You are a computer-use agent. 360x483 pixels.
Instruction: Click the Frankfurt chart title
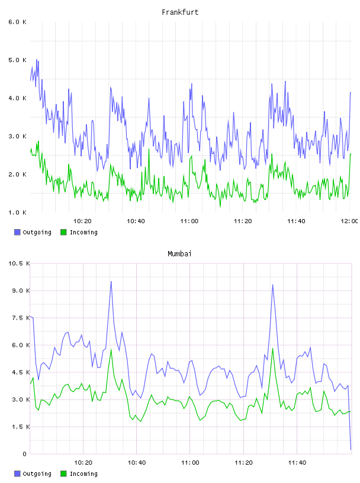coord(180,12)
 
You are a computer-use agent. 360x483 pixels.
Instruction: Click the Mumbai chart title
coord(179,253)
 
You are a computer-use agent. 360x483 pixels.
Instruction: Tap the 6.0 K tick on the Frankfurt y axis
coord(17,22)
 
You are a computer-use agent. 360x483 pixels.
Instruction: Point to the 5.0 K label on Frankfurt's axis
coord(17,60)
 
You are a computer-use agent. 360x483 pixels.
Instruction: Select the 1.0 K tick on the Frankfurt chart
coord(17,212)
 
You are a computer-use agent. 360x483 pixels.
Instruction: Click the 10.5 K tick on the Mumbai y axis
coord(19,263)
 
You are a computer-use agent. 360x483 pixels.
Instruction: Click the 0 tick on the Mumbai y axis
coord(24,454)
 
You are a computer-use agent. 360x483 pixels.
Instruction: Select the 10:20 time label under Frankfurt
coord(82,221)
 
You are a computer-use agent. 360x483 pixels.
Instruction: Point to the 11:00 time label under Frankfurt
coord(189,221)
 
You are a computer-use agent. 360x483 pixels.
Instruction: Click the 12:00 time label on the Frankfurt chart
coord(349,221)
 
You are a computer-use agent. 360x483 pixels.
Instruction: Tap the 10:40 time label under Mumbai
coord(137,463)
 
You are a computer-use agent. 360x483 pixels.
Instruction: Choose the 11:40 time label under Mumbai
coord(297,463)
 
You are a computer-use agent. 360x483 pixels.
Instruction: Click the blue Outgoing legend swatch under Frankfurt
coord(17,232)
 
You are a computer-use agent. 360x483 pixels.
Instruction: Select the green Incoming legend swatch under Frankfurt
coord(63,232)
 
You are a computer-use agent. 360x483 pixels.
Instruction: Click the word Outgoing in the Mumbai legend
coord(37,474)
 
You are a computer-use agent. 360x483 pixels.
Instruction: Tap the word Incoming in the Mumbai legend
coord(83,474)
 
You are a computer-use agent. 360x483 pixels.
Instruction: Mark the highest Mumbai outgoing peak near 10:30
coord(111,281)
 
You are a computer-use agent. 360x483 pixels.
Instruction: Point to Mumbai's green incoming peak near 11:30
coord(273,349)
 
